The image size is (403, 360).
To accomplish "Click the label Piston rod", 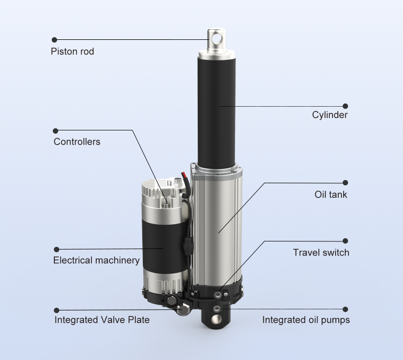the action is click(x=73, y=51).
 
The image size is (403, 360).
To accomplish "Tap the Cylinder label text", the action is click(x=330, y=115).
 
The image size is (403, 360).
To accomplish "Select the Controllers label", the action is click(x=77, y=142).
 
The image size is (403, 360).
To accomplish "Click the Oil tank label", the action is click(x=331, y=195).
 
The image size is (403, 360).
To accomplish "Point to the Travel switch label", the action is click(x=321, y=253).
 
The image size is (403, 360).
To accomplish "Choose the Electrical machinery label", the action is click(x=96, y=260).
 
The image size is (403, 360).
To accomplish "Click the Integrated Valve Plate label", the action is click(x=102, y=320).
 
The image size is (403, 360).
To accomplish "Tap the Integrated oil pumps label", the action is click(x=306, y=320).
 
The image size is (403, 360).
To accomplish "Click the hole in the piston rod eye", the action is click(x=217, y=39).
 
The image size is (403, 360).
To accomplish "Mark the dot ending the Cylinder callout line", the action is click(x=345, y=106).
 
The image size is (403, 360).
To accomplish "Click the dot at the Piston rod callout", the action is click(x=54, y=40).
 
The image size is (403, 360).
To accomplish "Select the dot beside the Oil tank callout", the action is click(x=345, y=183).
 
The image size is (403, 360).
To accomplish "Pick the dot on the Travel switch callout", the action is click(x=345, y=241).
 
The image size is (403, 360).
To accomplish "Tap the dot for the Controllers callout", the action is click(x=55, y=131).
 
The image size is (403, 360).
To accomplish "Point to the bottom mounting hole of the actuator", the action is click(x=217, y=319).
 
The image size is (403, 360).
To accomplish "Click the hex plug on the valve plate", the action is click(x=183, y=309).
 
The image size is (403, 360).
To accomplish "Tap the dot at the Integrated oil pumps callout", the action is click(x=345, y=309).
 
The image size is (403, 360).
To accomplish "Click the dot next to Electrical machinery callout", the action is click(x=57, y=250).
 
